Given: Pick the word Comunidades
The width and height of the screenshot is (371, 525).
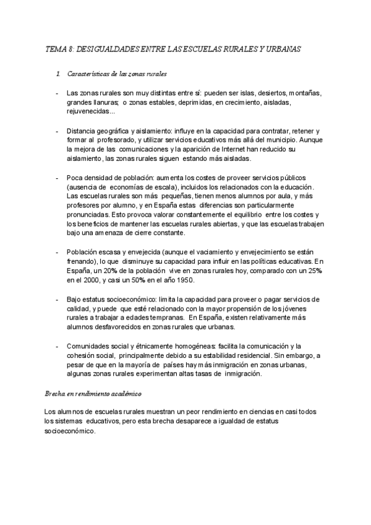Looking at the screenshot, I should click(91, 347).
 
